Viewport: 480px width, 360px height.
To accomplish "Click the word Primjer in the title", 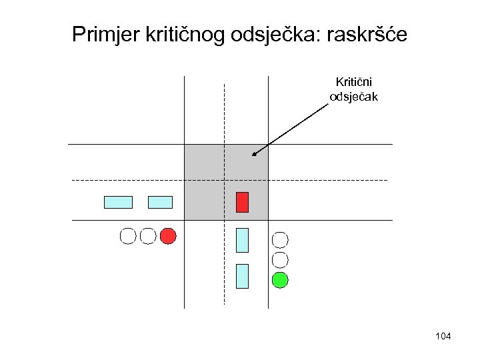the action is pyautogui.click(x=105, y=34).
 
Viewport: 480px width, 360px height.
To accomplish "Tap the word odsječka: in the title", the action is pyautogui.click(x=274, y=34).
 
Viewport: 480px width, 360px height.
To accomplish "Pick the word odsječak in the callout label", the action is pyautogui.click(x=353, y=97).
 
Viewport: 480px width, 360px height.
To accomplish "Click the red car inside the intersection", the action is pyautogui.click(x=242, y=202).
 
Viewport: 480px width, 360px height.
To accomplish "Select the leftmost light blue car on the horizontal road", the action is pyautogui.click(x=118, y=202).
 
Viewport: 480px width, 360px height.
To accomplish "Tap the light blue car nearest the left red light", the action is pyautogui.click(x=160, y=202).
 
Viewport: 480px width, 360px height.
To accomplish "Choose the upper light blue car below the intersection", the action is pyautogui.click(x=242, y=240).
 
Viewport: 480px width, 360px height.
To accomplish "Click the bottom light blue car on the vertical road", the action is pyautogui.click(x=242, y=276).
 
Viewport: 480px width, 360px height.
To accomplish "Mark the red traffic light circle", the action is pyautogui.click(x=168, y=235).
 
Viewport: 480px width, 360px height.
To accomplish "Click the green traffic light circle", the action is pyautogui.click(x=281, y=280).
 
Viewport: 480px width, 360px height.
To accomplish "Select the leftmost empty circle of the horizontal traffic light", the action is pyautogui.click(x=127, y=235).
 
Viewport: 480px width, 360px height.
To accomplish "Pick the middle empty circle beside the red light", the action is pyautogui.click(x=148, y=235).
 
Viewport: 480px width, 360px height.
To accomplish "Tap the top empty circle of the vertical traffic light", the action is pyautogui.click(x=281, y=239).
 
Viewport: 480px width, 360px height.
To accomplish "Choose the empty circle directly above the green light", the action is pyautogui.click(x=281, y=259).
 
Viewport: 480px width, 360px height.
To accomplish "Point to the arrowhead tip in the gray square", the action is pyautogui.click(x=253, y=155).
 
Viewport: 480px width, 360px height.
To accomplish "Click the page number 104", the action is pyautogui.click(x=443, y=336).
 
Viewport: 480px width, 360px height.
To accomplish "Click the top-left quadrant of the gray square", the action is pyautogui.click(x=204, y=163).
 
